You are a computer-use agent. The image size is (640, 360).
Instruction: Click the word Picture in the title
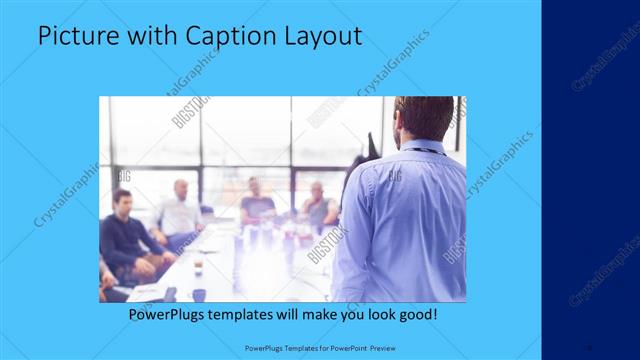click(73, 37)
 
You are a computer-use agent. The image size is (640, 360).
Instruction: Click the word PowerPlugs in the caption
click(169, 314)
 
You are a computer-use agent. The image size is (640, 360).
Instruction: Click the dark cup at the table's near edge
click(199, 295)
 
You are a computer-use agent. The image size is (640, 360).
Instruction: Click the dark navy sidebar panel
click(590, 180)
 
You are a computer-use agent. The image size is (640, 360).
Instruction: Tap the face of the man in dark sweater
click(122, 201)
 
